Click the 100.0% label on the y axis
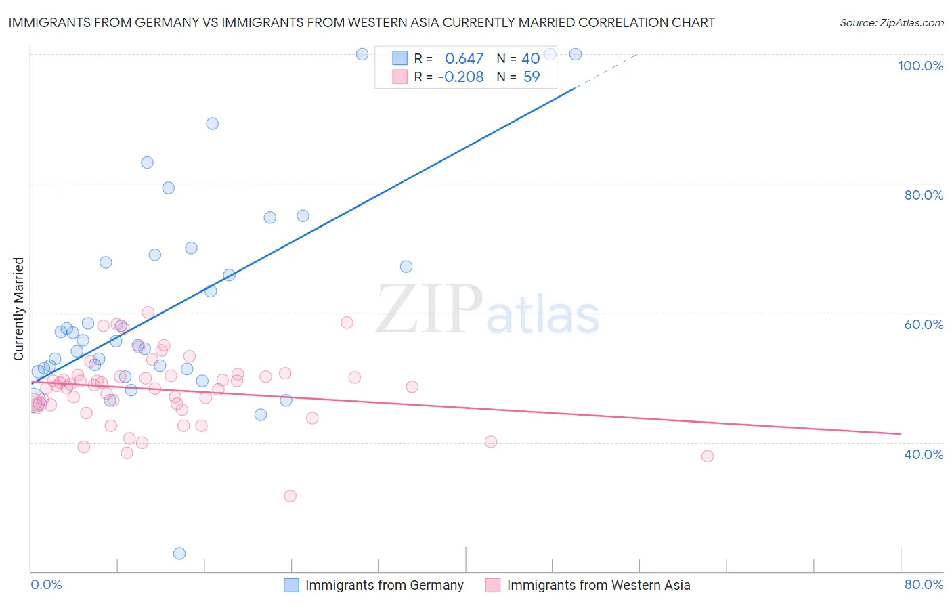tap(920, 66)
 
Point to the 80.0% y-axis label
tap(924, 195)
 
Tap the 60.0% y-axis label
tap(924, 324)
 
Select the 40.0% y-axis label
tap(924, 454)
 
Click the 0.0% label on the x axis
tap(46, 584)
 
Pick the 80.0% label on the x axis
tap(924, 584)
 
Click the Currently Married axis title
tap(18, 309)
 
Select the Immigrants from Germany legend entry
tap(384, 585)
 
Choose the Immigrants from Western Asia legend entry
tap(598, 585)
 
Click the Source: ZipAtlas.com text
tap(891, 23)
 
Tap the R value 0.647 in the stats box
tap(464, 59)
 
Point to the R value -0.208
tap(460, 77)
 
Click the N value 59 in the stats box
tap(532, 77)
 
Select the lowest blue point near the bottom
tap(179, 553)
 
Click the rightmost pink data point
tap(708, 456)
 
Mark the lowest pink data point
tap(290, 496)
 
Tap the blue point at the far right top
tap(576, 54)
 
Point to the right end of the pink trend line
tap(901, 433)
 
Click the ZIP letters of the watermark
tap(429, 309)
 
